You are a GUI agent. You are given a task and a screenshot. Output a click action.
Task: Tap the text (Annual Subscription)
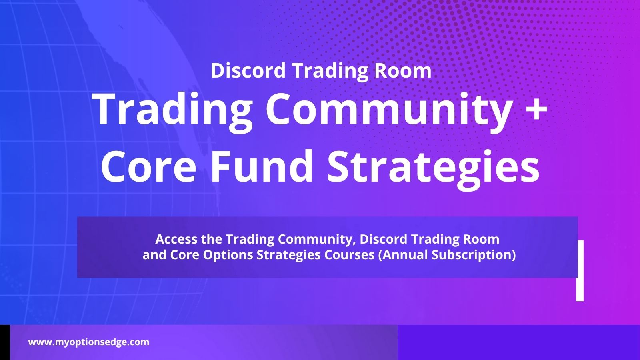[x=447, y=255]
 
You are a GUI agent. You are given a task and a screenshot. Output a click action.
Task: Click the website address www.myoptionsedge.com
[x=88, y=342]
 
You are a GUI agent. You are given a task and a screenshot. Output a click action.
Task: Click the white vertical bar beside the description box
[x=580, y=270]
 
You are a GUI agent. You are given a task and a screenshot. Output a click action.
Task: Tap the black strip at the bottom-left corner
[x=5, y=342]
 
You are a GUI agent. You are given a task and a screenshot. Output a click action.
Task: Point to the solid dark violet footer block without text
[x=518, y=342]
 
